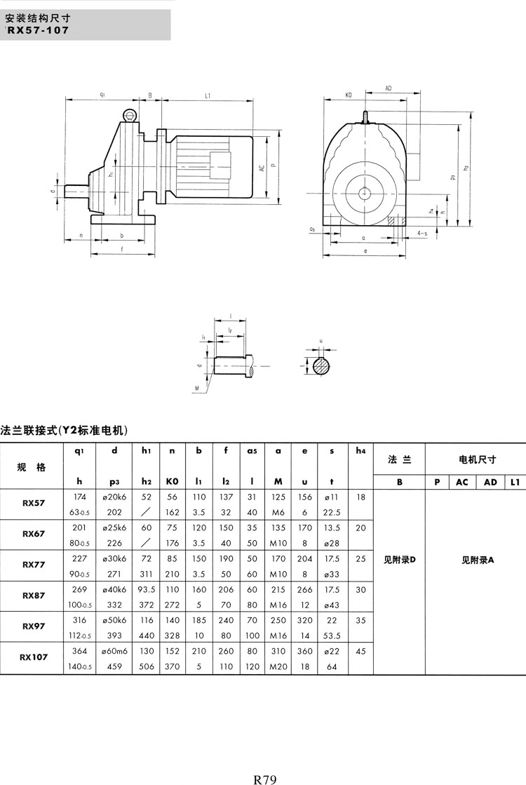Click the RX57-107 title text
tap(39, 30)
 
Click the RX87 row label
tap(33, 596)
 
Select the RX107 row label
tap(33, 657)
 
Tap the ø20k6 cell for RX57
tap(114, 497)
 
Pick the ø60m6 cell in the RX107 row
tap(114, 652)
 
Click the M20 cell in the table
tap(279, 666)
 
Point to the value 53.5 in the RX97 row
tap(331, 636)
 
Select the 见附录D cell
tap(400, 560)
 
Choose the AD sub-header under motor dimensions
tap(490, 482)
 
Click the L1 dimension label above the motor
tap(208, 94)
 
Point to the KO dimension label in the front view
tap(349, 94)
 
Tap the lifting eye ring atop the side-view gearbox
tap(130, 114)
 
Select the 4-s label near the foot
tap(422, 232)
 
